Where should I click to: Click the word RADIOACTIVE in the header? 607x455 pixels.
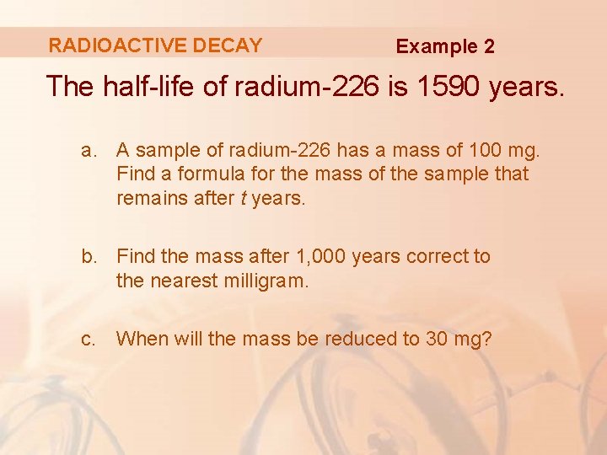pos(117,45)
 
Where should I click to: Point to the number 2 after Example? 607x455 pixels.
pos(489,46)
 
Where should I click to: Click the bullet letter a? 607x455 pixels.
pos(89,151)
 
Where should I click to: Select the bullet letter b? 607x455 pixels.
pos(89,256)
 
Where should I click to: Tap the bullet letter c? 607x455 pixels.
pos(89,339)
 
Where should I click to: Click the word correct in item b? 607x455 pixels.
pos(437,256)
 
